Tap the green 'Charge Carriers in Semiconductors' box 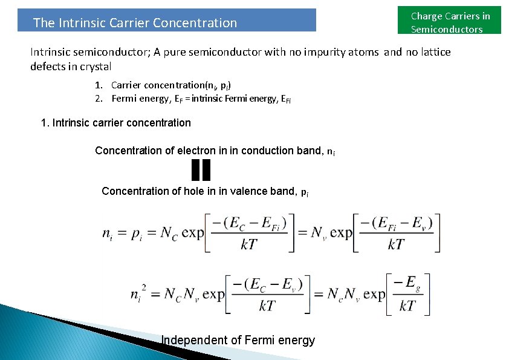(450, 22)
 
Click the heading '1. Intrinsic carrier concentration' (115, 123)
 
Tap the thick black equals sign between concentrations (201, 170)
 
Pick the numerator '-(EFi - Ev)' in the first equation (396, 223)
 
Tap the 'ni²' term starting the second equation (138, 294)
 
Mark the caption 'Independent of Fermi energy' (238, 341)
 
